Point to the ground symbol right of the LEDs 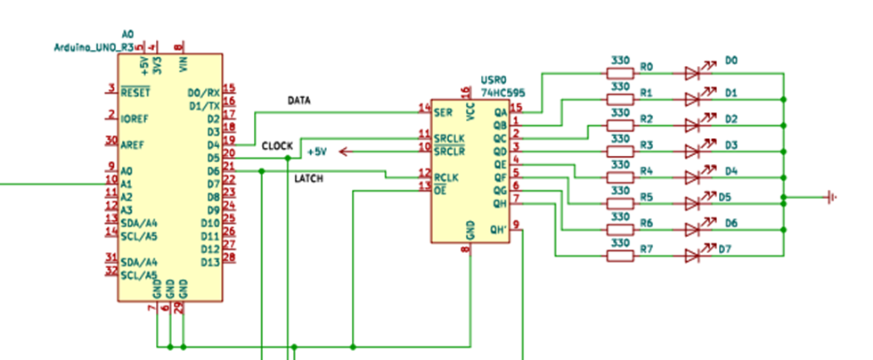831,197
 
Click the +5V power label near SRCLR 317,151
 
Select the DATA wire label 298,101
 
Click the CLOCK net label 277,145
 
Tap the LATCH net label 308,179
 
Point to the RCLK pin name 446,176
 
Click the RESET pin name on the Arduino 135,91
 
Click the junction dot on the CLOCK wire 288,158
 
